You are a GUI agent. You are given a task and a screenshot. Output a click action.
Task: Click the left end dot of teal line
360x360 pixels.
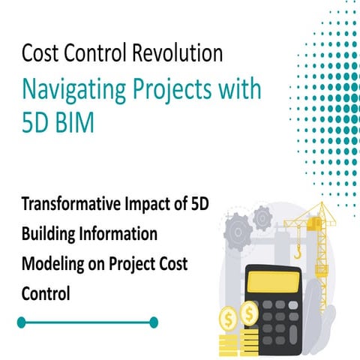click(x=22, y=322)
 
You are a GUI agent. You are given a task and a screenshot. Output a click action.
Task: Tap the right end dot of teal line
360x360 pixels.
click(x=154, y=322)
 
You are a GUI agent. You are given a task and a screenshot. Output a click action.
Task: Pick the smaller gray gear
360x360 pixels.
click(x=262, y=217)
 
